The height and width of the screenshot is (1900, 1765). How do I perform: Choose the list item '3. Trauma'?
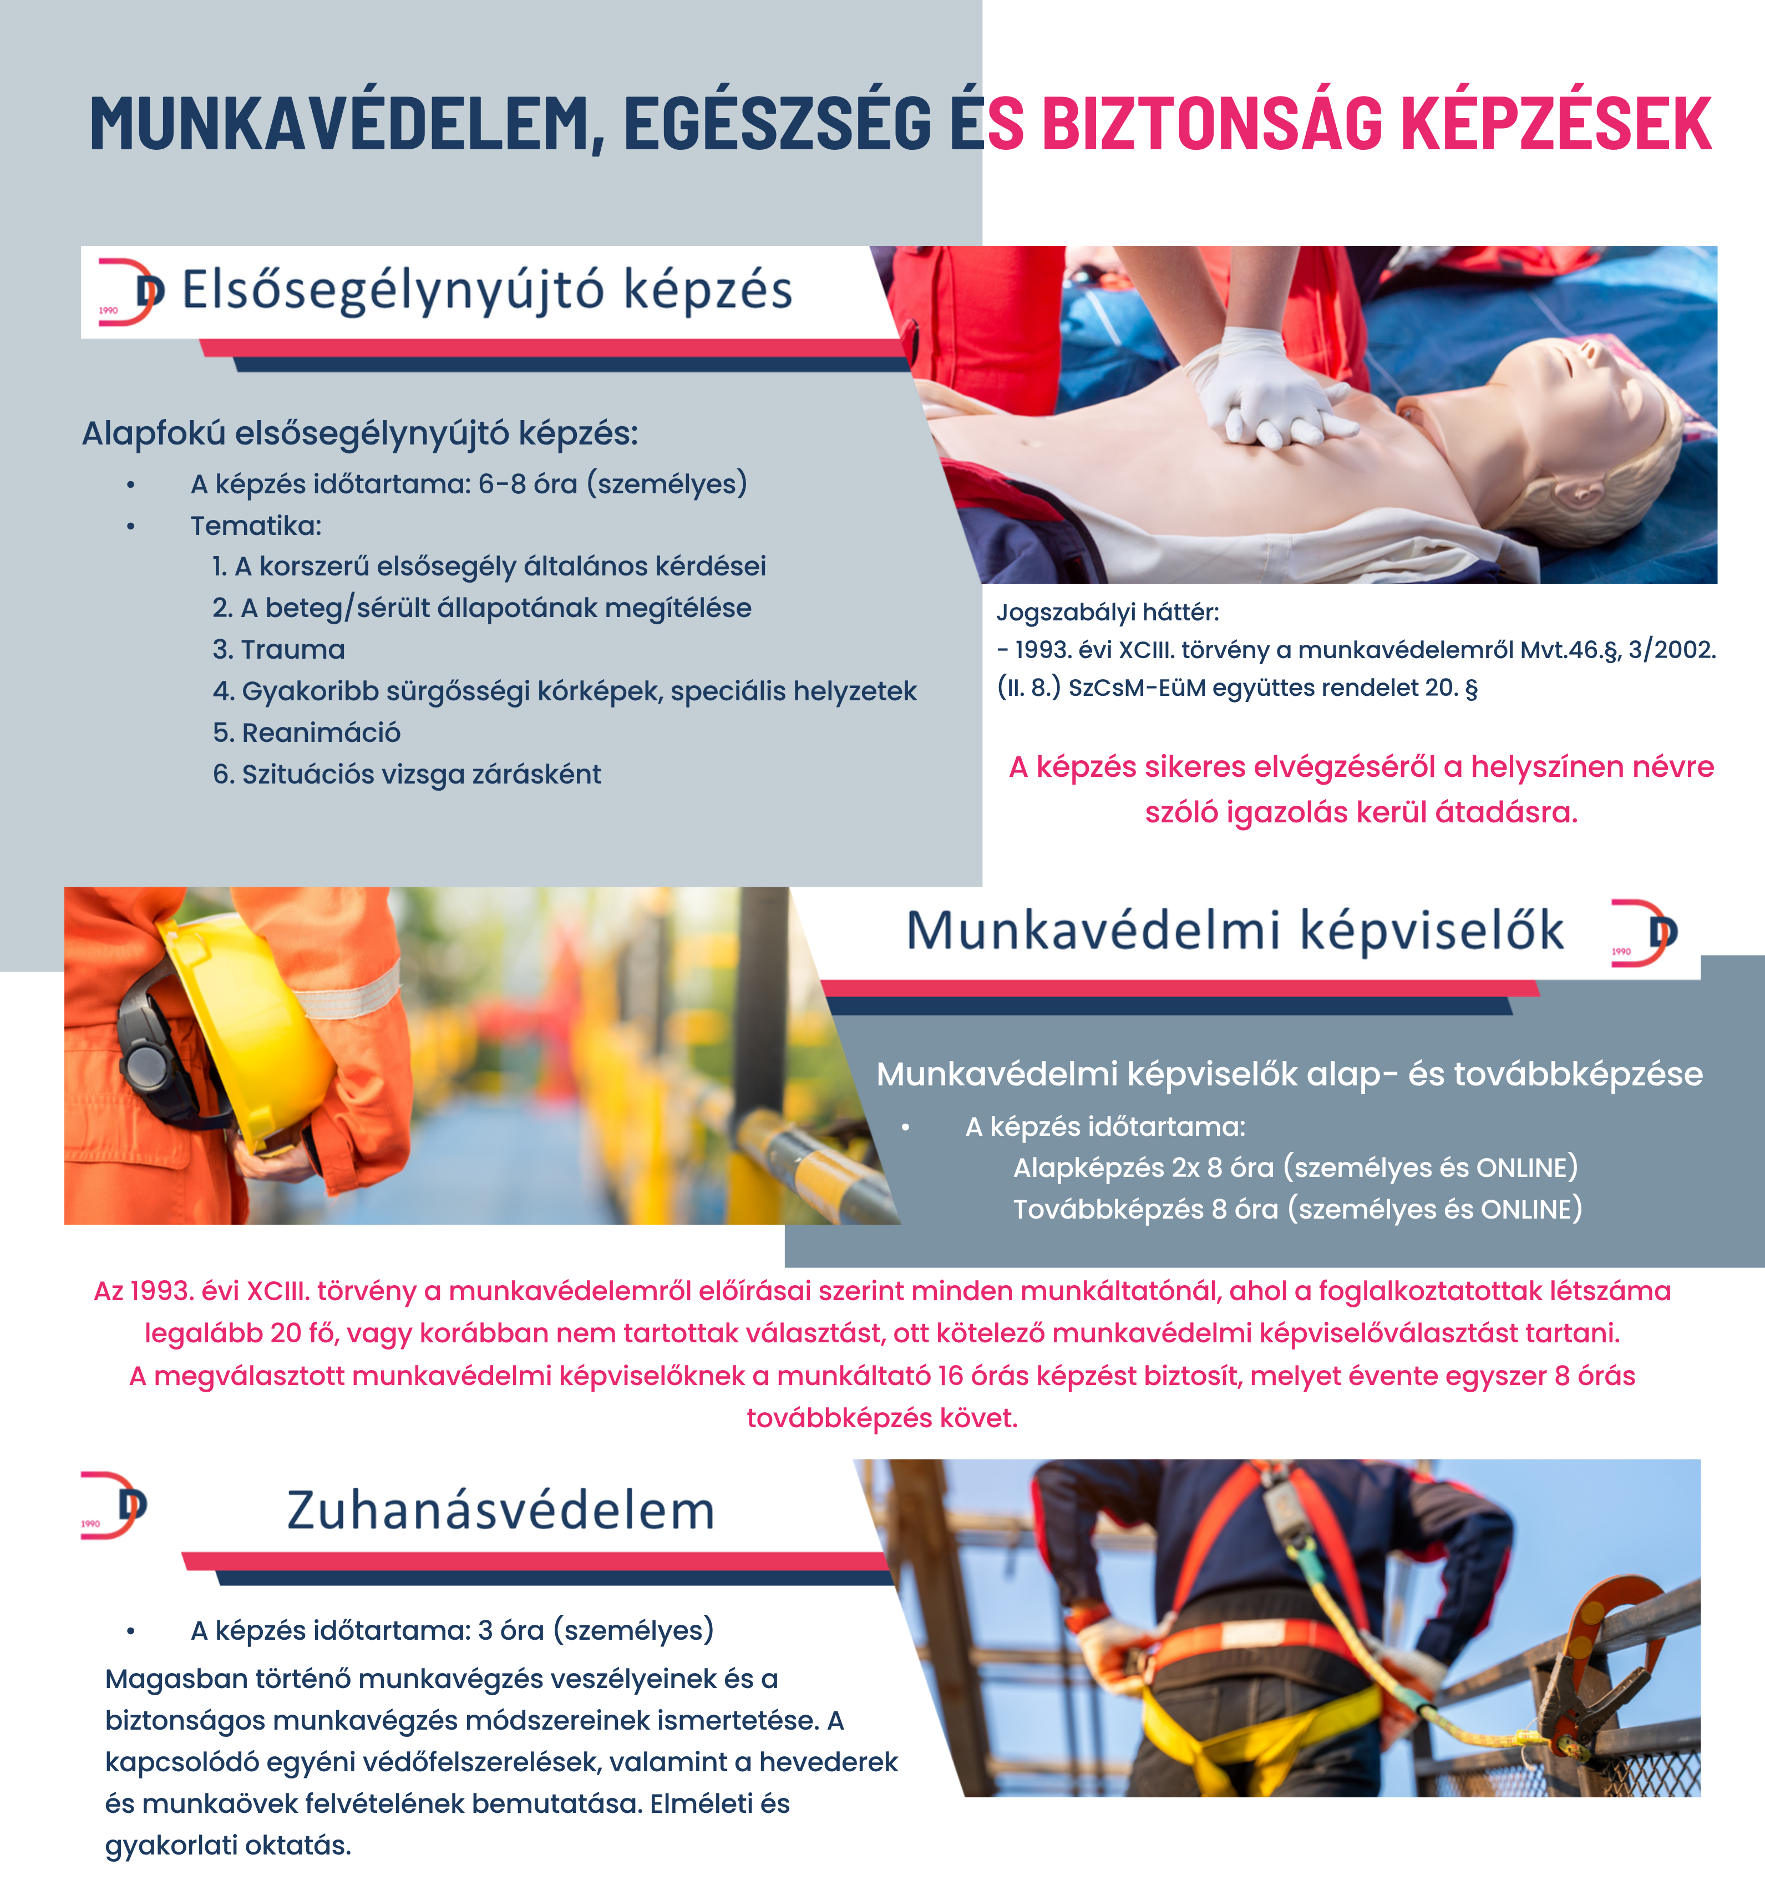click(x=279, y=650)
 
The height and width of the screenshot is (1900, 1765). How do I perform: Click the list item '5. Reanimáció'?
click(x=307, y=732)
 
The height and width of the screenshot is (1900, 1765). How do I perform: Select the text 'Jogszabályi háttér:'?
click(x=1108, y=612)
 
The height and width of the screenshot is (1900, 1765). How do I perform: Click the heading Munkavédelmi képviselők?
click(x=1234, y=931)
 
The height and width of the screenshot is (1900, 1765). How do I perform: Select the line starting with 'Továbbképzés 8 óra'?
click(x=1297, y=1209)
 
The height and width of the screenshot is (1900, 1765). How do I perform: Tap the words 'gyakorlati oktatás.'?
click(x=229, y=1845)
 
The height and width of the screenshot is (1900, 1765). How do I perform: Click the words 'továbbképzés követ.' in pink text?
click(x=881, y=1418)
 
